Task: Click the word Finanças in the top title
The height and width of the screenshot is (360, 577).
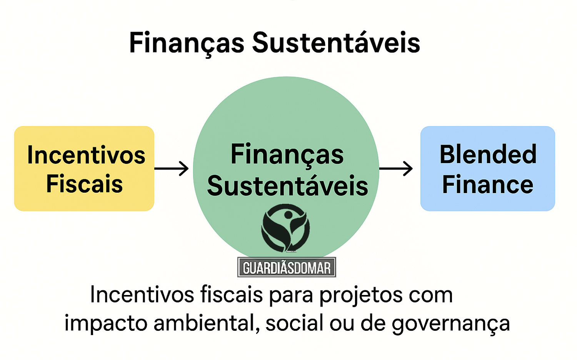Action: pos(187,43)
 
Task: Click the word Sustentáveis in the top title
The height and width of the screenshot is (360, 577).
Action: pos(336,43)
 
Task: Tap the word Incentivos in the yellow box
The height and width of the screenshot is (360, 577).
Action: pos(86,155)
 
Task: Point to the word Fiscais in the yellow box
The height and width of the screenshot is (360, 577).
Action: pos(84,184)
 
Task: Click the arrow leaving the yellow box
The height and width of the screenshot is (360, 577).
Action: pos(172,168)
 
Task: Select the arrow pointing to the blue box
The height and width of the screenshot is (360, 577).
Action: pos(396,168)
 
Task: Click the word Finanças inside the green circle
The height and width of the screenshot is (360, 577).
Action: pos(287,155)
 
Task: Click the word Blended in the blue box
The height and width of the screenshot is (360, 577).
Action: pos(488,155)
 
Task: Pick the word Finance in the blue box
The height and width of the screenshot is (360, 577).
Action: pos(487,185)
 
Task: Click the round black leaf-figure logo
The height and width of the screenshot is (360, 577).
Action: pos(285,228)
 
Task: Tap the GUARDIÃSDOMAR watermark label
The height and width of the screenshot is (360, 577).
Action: pos(287,267)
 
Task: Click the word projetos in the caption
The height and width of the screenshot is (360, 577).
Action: pos(360,295)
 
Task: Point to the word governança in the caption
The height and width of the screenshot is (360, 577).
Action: pos(450,323)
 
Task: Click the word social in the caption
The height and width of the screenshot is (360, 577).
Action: pos(294,323)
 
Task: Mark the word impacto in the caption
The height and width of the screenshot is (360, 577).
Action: pos(105,323)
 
